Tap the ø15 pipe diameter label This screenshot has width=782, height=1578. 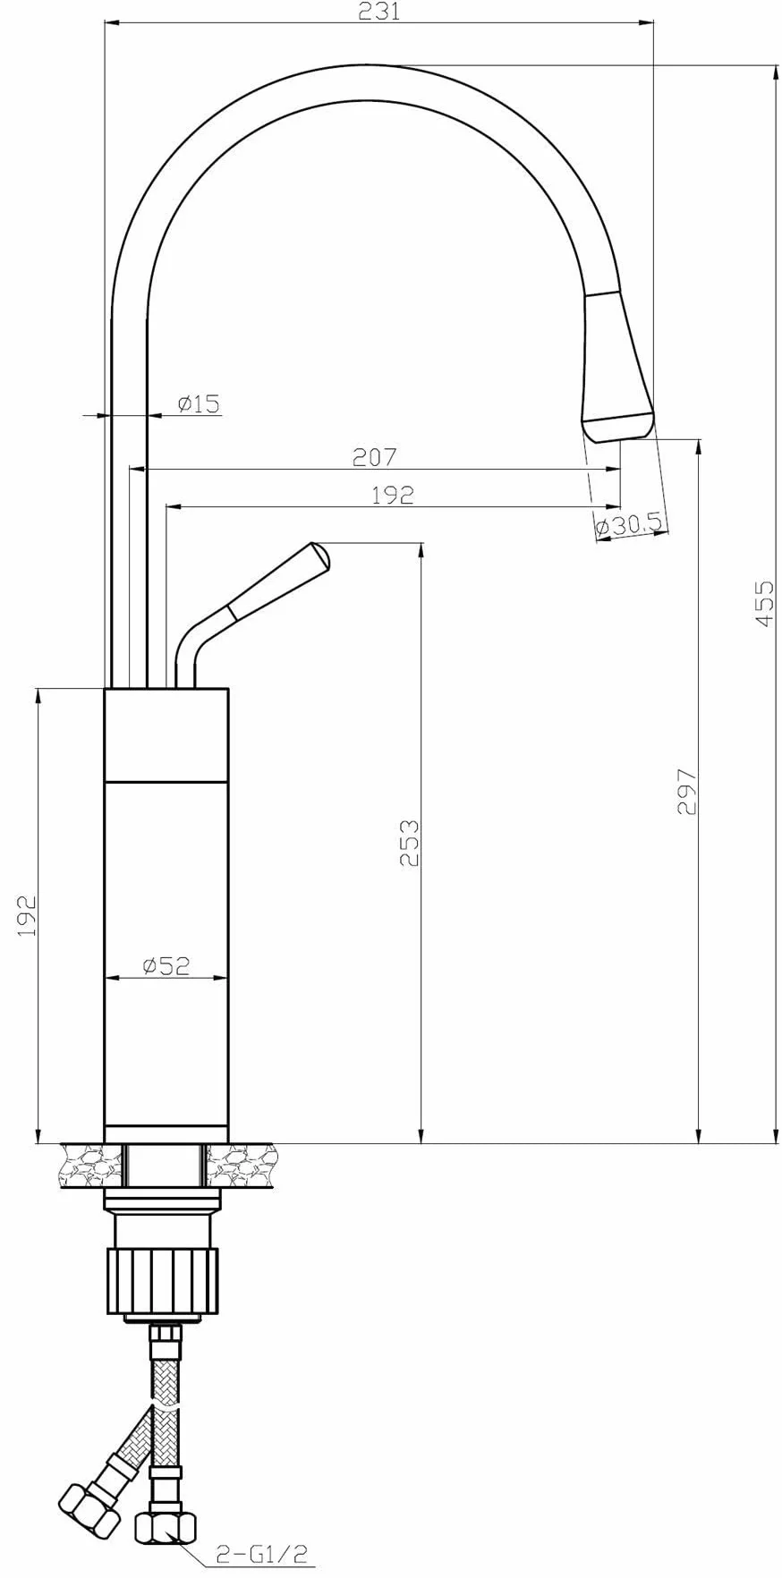coord(199,403)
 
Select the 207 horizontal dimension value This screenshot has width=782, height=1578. coord(374,457)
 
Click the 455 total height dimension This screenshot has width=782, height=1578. coord(763,604)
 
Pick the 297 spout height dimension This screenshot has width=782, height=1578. coord(686,791)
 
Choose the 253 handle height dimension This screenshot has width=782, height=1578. coord(409,842)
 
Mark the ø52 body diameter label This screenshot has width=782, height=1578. coord(166,965)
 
